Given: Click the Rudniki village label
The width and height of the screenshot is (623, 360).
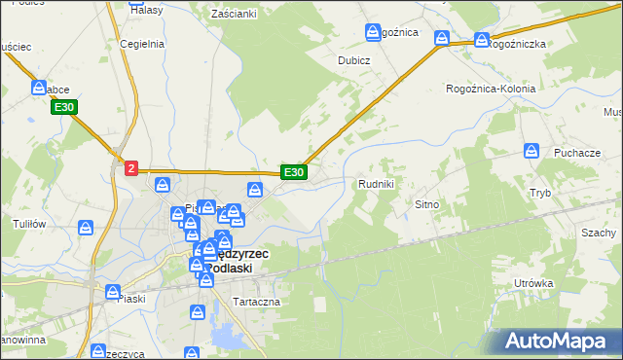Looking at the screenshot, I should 376,184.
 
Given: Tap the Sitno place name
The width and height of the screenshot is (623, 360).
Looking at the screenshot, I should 428,205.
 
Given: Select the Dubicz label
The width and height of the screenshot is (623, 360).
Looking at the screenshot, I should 354,58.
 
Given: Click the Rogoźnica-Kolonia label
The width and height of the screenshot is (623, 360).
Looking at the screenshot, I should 492,89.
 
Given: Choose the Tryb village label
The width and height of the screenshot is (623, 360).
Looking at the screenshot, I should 540,193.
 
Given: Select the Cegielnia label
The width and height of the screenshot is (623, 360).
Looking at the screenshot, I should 141,44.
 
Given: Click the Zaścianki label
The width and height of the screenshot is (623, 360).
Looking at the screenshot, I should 234,14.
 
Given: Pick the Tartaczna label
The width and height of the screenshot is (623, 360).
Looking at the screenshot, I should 256,302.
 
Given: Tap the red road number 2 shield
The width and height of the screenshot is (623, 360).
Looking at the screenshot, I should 131,169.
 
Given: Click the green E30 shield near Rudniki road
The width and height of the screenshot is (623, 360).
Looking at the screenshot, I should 294,172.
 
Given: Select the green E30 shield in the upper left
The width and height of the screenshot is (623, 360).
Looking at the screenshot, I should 65,106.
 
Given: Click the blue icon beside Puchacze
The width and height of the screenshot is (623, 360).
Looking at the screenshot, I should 531,152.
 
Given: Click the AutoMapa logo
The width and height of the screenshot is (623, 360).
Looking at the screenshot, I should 558,342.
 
